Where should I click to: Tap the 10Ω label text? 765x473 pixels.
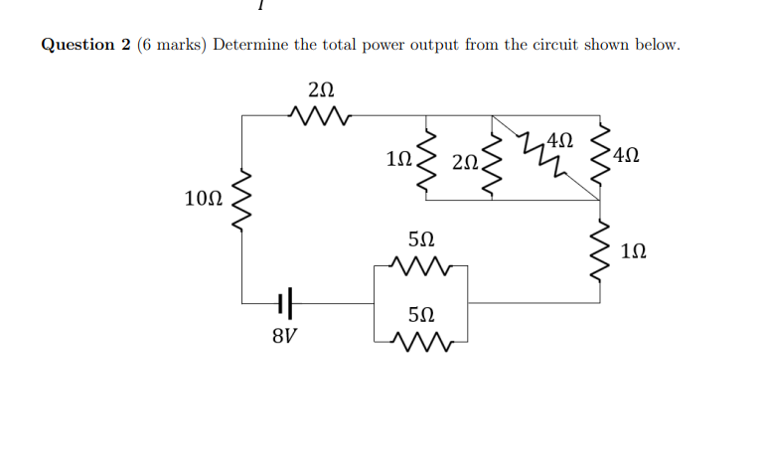(204, 199)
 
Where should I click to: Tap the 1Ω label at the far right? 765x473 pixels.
(637, 252)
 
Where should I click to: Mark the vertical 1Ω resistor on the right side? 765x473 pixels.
(601, 252)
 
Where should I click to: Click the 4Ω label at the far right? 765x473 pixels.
(628, 155)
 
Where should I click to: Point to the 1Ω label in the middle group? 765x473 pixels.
(396, 158)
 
